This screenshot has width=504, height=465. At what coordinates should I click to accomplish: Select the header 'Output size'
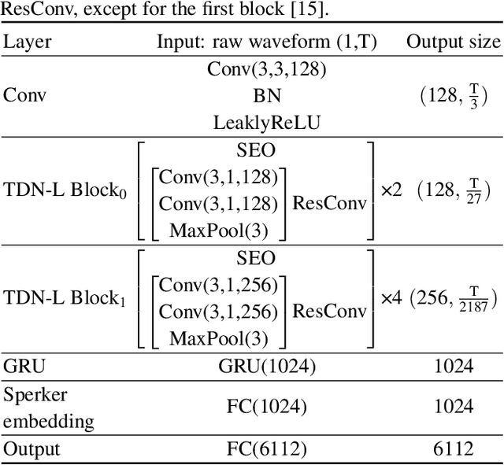point(453,42)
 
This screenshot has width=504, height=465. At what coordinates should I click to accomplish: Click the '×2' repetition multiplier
point(391,190)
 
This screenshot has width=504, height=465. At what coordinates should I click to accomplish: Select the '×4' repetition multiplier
point(391,298)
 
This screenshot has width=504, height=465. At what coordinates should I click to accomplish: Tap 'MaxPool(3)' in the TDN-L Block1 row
point(218,339)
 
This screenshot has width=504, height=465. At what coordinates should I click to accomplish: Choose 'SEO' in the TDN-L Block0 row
point(256,150)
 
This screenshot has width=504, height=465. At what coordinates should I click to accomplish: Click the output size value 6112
point(453,448)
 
